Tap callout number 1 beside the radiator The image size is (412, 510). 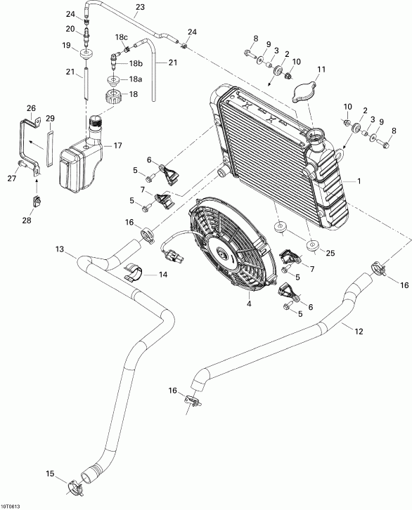(x=361, y=181)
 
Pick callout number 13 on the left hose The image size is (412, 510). (x=59, y=249)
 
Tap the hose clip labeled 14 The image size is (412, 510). (x=135, y=273)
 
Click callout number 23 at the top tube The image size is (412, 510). (x=139, y=7)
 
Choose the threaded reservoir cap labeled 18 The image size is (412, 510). (x=113, y=95)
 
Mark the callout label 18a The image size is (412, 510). (x=134, y=80)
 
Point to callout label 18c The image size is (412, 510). (x=122, y=37)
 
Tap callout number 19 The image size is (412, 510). (x=67, y=46)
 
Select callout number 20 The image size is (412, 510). (x=70, y=28)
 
